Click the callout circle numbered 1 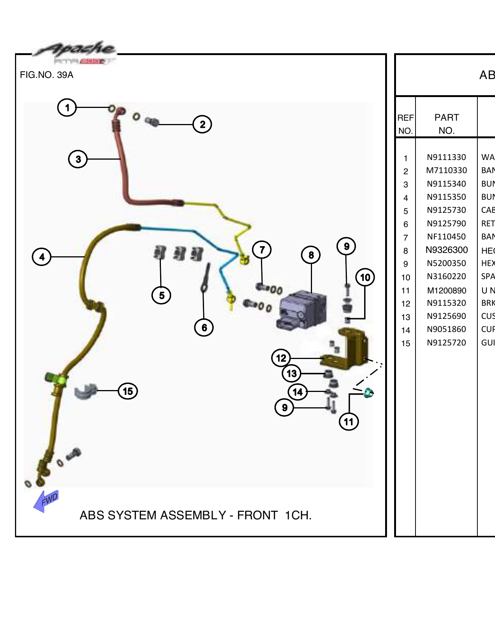[67, 108]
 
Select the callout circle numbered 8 [311, 255]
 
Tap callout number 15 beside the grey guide [128, 391]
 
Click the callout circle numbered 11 [349, 422]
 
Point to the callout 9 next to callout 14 [285, 407]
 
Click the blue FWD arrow [46, 501]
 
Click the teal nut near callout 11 [368, 393]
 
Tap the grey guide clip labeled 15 [85, 392]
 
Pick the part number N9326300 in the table [446, 250]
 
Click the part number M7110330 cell [446, 170]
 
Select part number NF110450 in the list [446, 237]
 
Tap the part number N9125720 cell [446, 342]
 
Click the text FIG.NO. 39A [46, 75]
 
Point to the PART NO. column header [446, 124]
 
